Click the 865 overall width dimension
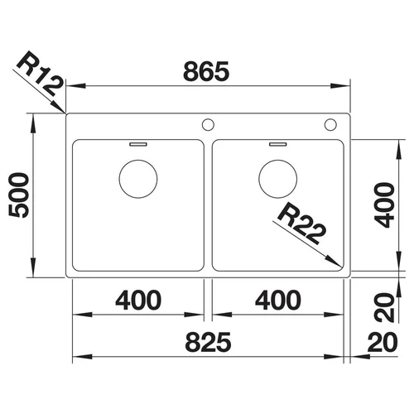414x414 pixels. coord(206,71)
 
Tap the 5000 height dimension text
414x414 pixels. coord(19,195)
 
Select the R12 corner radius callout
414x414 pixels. coord(40,73)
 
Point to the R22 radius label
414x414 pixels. coord(302,223)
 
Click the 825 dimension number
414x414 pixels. coord(208,342)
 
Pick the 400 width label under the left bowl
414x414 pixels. coord(138,300)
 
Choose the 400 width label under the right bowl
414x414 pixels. coord(278,300)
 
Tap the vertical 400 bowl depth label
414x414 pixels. coord(384,205)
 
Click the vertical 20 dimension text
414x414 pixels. coord(384,308)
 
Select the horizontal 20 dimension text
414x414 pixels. coord(383,342)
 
